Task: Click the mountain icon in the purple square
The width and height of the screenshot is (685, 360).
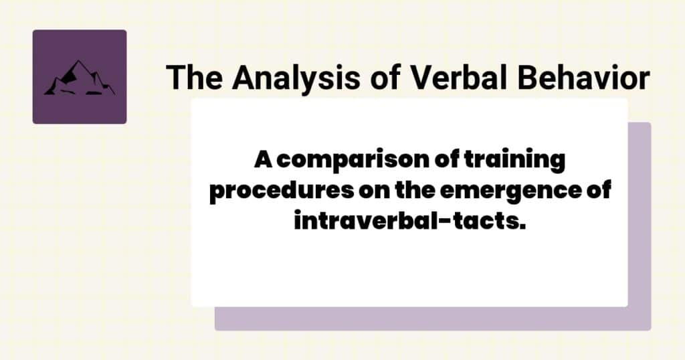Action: (x=79, y=78)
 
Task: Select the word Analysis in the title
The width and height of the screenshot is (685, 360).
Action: (x=284, y=78)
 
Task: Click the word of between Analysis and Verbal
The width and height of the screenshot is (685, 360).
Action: (x=381, y=78)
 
